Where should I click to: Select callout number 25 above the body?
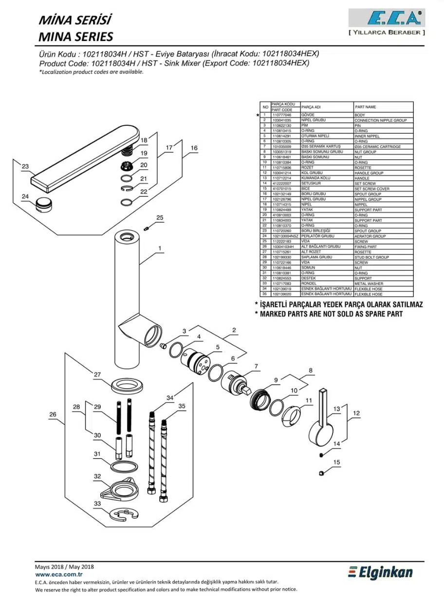pos(160,217)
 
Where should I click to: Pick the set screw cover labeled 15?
pos(322,473)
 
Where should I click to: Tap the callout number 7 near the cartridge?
pos(256,366)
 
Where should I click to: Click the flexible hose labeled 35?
pos(164,460)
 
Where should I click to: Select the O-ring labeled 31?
pos(123,466)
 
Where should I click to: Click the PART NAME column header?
pos(365,107)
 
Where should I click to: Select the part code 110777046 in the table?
pos(281,115)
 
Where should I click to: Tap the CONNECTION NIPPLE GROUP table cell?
pos(380,120)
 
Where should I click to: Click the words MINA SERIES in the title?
pos(75,36)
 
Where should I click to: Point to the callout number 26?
pos(53,415)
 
